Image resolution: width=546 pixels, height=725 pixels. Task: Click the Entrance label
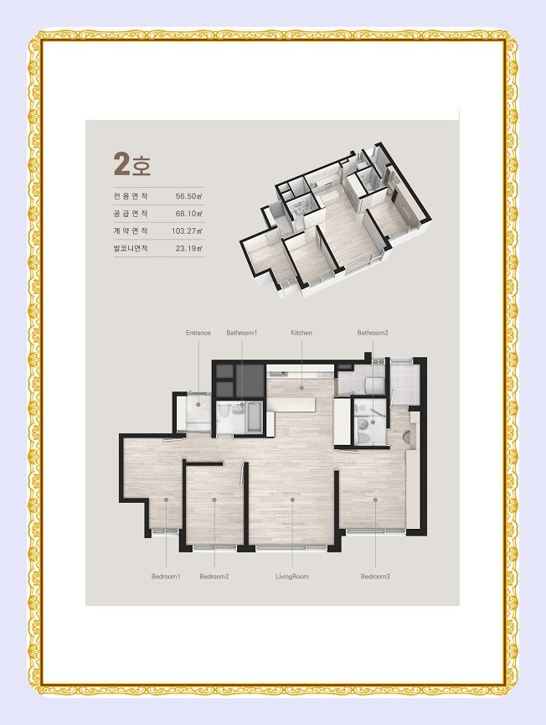click(198, 333)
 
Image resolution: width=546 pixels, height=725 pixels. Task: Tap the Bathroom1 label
click(241, 333)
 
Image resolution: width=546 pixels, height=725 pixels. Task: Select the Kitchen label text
click(301, 333)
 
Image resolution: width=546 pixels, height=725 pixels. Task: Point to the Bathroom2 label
click(373, 333)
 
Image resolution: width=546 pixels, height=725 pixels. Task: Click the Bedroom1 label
click(165, 577)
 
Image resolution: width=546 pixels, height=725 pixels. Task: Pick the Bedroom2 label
click(214, 577)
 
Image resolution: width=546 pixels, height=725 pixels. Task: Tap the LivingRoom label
click(292, 577)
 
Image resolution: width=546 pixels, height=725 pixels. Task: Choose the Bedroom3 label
click(375, 577)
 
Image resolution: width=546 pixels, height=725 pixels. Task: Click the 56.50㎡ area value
click(189, 196)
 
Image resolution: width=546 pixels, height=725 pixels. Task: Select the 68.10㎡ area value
click(189, 214)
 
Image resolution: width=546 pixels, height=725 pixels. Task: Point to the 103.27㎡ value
click(188, 230)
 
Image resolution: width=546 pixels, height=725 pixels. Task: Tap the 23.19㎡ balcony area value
click(189, 248)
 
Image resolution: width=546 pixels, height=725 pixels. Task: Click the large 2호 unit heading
click(132, 164)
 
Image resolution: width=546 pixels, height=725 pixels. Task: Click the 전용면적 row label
click(131, 196)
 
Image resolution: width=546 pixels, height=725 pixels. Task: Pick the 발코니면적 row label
click(131, 248)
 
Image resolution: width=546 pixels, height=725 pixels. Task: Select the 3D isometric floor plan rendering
click(336, 218)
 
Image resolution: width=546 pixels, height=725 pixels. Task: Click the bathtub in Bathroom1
click(254, 417)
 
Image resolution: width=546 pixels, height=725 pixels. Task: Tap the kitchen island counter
click(292, 405)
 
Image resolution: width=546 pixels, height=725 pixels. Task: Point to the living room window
click(291, 548)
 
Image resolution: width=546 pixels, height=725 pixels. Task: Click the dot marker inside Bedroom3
click(375, 500)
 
